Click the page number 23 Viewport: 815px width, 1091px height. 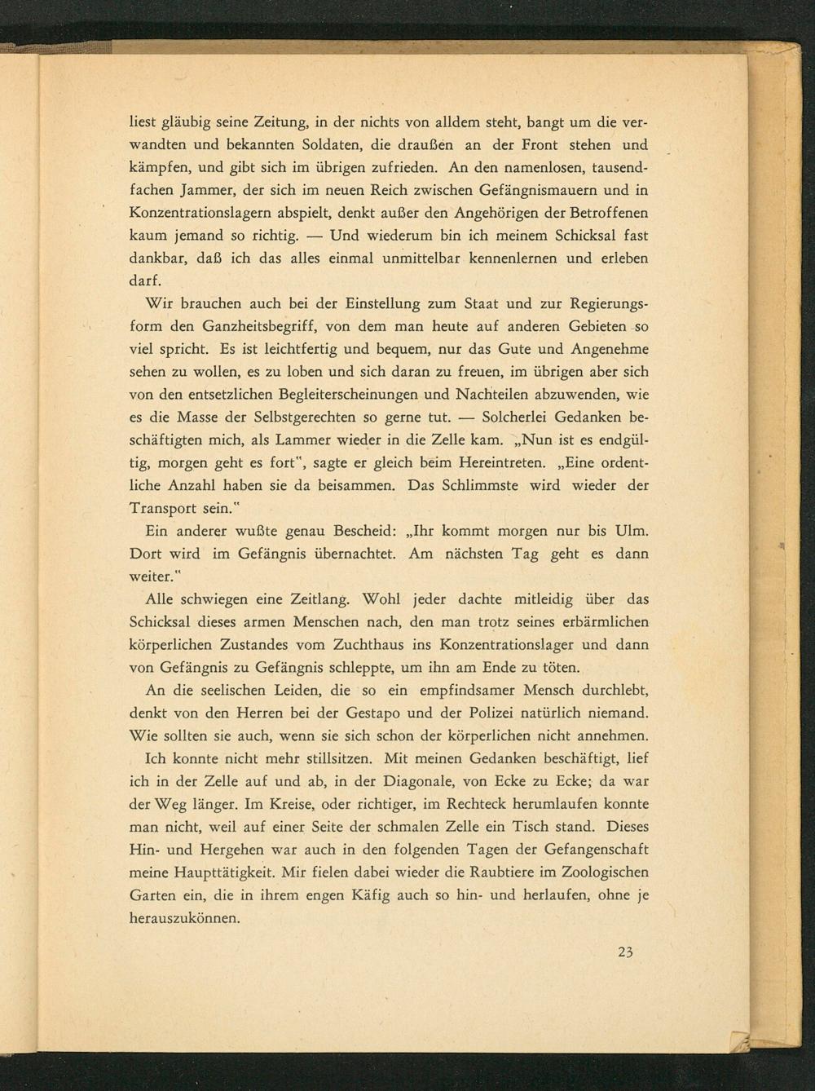pos(625,952)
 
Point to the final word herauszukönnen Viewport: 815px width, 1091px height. pos(185,917)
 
